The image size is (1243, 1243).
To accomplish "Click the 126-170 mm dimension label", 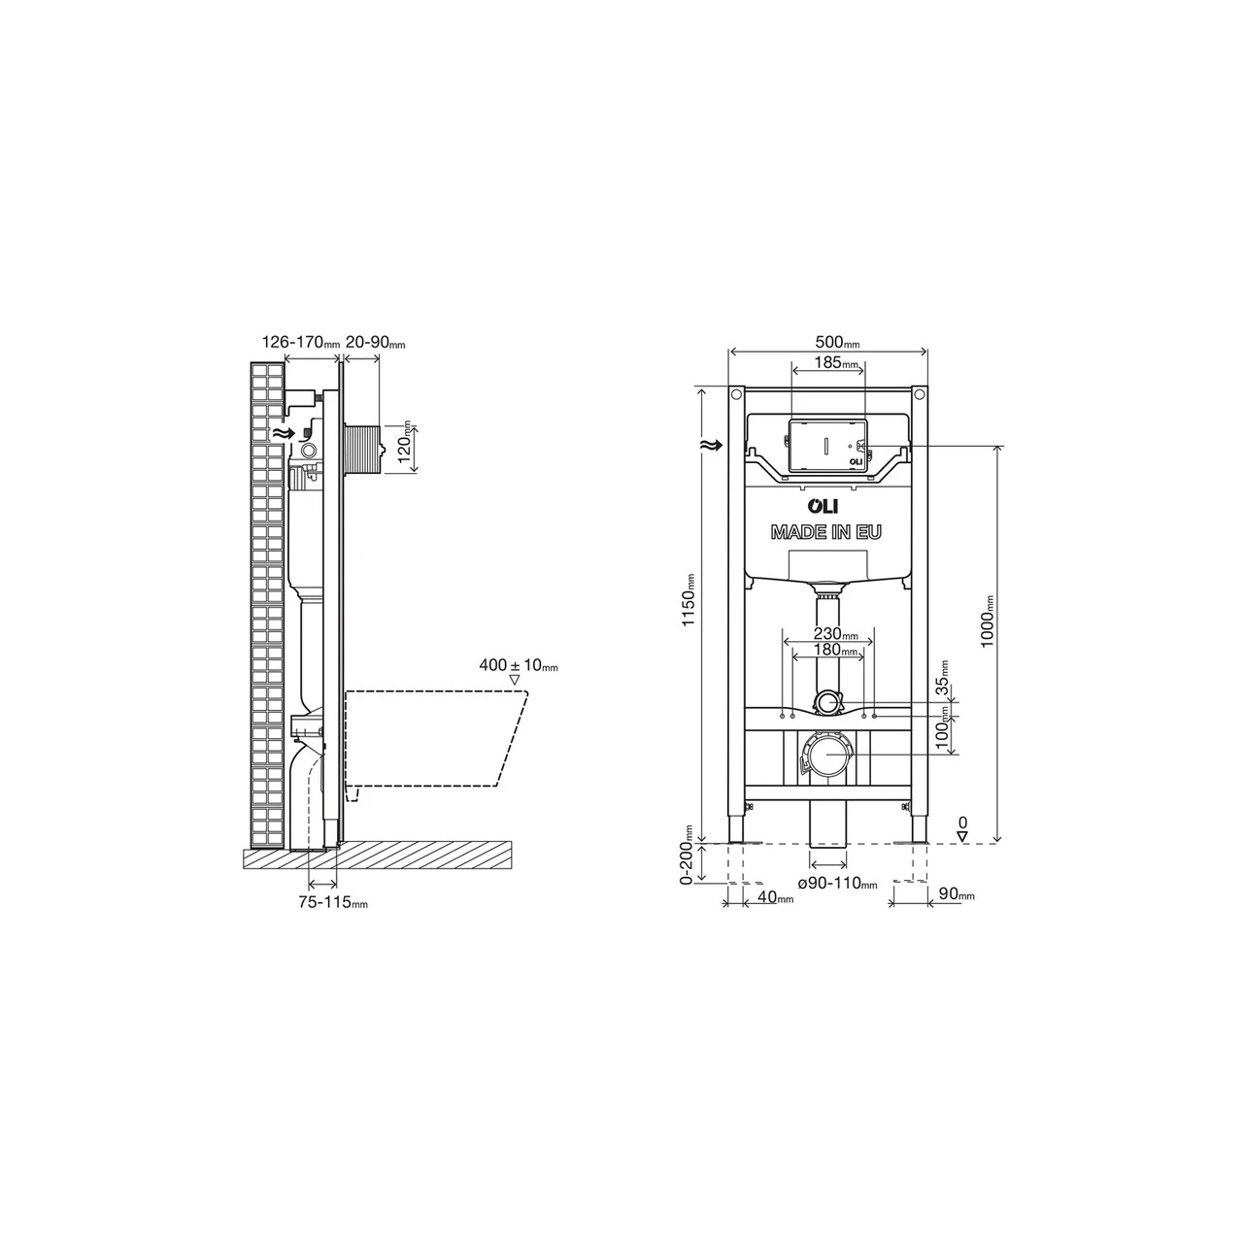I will [301, 342].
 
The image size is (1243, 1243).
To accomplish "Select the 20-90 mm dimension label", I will [375, 342].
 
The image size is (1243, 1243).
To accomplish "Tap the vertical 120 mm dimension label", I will [406, 447].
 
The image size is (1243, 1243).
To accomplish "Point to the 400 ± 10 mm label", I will [519, 666].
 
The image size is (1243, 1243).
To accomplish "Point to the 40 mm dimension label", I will [775, 898].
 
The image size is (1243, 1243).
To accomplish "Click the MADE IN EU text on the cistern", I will [826, 532].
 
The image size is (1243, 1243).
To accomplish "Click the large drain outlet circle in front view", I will [827, 755].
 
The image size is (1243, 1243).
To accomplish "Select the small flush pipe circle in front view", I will [827, 702].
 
